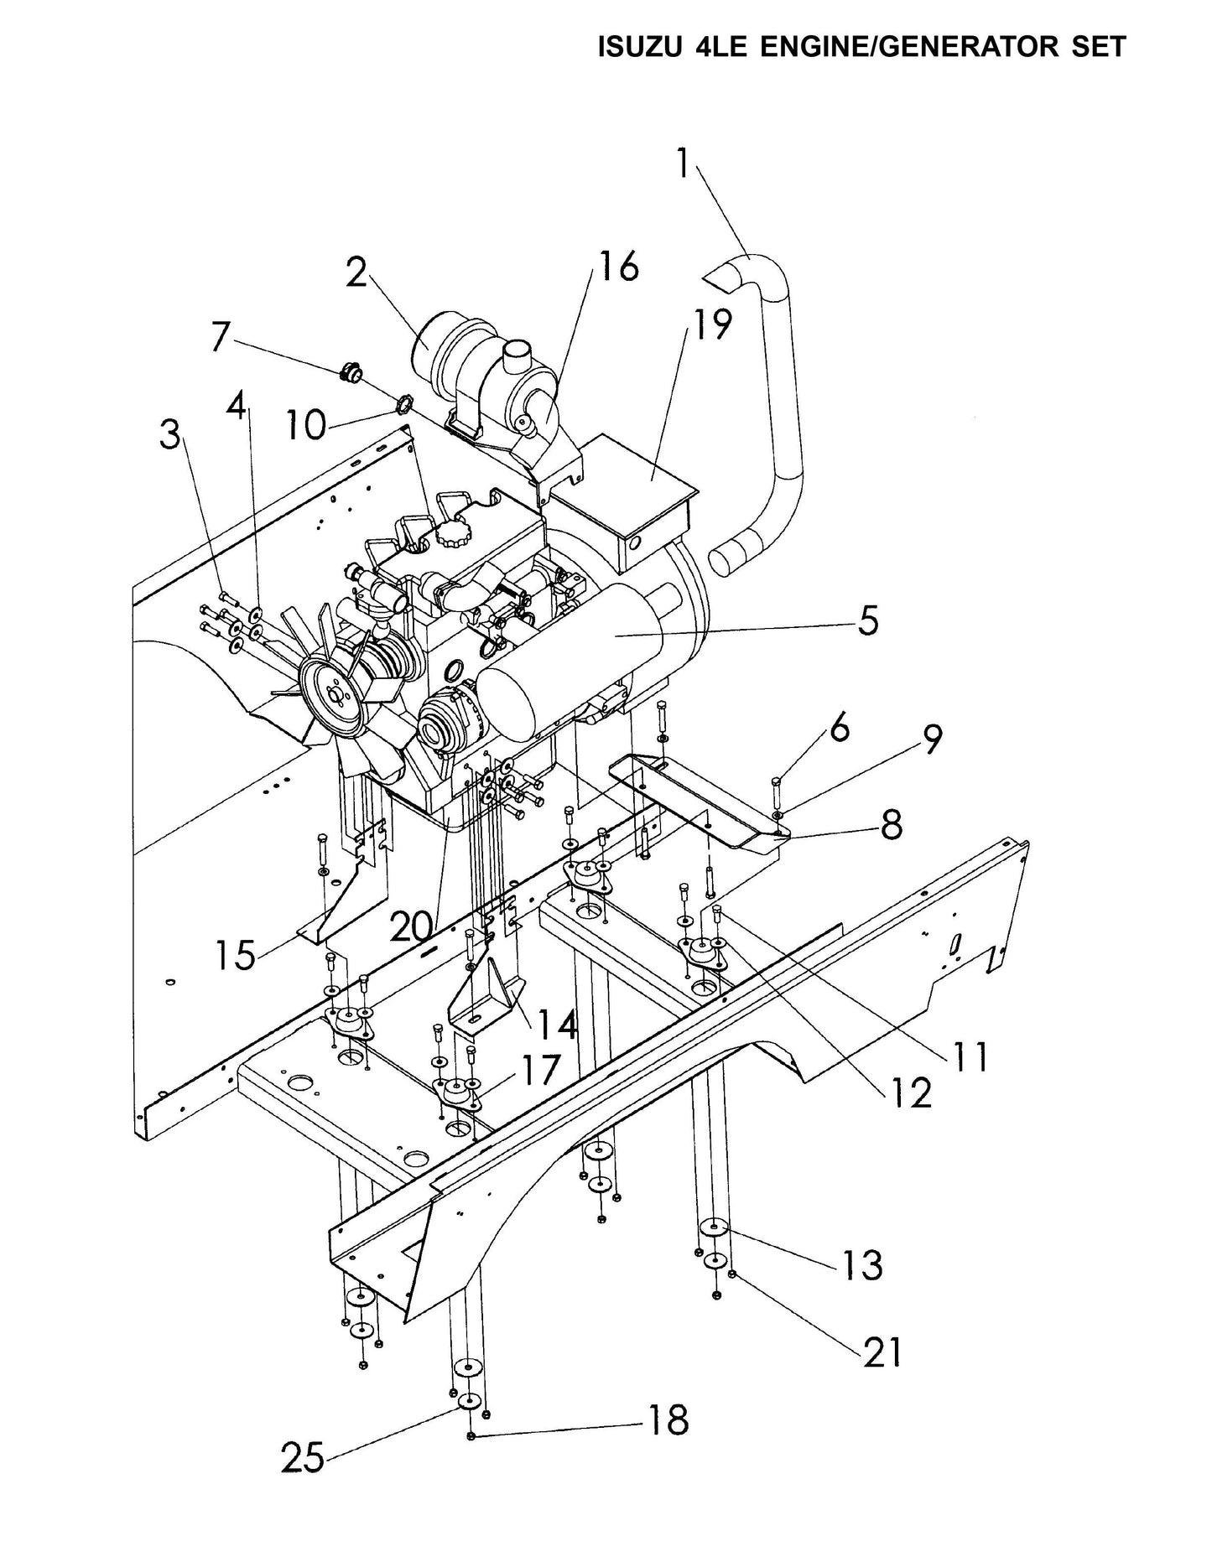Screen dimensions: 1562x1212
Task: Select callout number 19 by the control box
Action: (709, 324)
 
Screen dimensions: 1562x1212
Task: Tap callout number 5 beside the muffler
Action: (866, 621)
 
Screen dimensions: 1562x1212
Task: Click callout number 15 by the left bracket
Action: (233, 955)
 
